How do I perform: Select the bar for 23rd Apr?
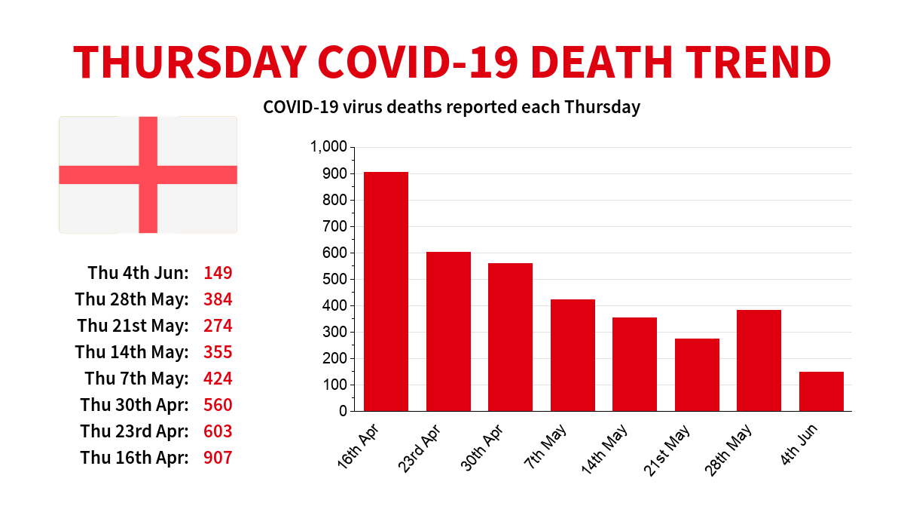pos(448,331)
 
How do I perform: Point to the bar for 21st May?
pos(697,374)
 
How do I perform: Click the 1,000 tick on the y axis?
pos(328,147)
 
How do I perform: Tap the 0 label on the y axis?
pos(343,411)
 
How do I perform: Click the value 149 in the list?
pos(218,273)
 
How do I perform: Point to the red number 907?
pos(218,458)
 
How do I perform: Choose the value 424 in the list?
pos(218,379)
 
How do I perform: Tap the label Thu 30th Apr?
pos(134,405)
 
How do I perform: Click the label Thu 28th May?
pos(132,299)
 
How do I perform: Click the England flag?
pos(148,175)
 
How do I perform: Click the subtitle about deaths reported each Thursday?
pos(451,107)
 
